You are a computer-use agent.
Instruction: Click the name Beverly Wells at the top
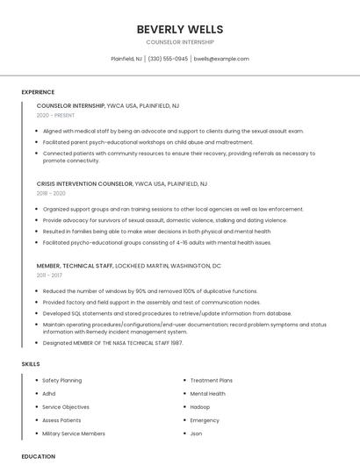click(x=179, y=29)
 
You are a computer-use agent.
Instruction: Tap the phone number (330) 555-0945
click(x=168, y=59)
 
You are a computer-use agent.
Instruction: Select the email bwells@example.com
click(x=221, y=59)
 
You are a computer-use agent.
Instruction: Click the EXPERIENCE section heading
click(x=38, y=92)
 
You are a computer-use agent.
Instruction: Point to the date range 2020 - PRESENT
click(x=55, y=115)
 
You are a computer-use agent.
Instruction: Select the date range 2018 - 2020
click(x=51, y=193)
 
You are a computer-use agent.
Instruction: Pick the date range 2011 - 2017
click(x=50, y=275)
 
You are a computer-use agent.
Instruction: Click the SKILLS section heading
click(x=30, y=363)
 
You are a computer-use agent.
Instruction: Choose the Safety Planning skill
click(x=61, y=381)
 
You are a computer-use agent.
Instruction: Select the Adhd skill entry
click(x=48, y=394)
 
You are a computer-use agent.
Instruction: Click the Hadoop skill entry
click(x=200, y=407)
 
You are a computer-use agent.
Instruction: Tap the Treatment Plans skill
click(x=211, y=381)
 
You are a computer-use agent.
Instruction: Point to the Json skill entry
click(x=196, y=433)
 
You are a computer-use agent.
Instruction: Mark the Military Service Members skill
click(x=73, y=433)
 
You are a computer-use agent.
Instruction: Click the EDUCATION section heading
click(x=38, y=456)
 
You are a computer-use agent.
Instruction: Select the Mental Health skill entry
click(x=207, y=394)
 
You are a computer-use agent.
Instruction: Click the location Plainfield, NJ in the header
click(x=126, y=59)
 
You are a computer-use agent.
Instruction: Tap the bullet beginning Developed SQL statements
click(x=167, y=313)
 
